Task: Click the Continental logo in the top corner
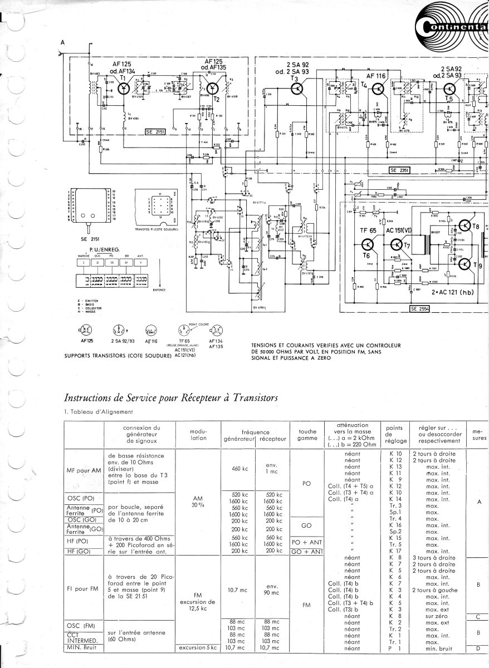pyautogui.click(x=451, y=26)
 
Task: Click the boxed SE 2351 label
pyautogui.click(x=399, y=170)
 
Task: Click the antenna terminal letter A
pyautogui.click(x=62, y=43)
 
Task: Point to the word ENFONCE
pyautogui.click(x=160, y=289)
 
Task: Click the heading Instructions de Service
pyautogui.click(x=171, y=397)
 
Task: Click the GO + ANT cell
pyautogui.click(x=307, y=551)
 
